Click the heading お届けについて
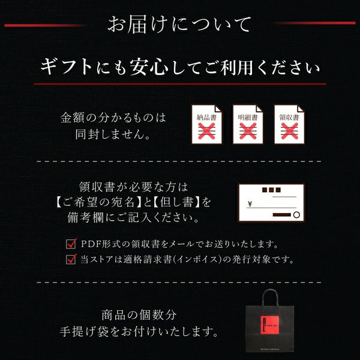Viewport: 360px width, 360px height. (x=179, y=24)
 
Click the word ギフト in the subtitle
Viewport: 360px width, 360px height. (x=67, y=67)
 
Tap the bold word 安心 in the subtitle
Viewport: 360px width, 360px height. (x=149, y=67)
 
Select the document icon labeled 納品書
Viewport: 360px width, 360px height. (x=206, y=124)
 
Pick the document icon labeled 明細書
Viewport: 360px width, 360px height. (x=248, y=124)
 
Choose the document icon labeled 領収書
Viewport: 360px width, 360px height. (x=289, y=124)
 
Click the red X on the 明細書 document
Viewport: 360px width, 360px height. (x=248, y=131)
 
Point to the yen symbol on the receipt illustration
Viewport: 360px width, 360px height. (x=250, y=203)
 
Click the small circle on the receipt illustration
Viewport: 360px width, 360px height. (x=296, y=215)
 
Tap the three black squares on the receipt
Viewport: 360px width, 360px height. (x=271, y=190)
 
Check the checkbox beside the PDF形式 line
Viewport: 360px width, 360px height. (x=71, y=244)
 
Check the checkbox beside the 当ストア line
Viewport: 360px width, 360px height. (x=71, y=259)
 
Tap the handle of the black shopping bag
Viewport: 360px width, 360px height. (x=270, y=298)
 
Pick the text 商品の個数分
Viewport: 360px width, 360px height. (x=139, y=315)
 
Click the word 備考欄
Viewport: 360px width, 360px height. (x=86, y=217)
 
